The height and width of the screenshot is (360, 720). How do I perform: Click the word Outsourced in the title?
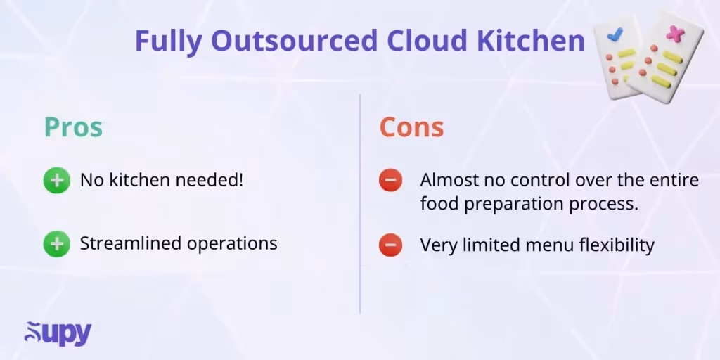(x=288, y=41)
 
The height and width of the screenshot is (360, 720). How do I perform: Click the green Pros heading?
(x=73, y=128)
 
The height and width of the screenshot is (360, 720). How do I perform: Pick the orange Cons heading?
(x=411, y=128)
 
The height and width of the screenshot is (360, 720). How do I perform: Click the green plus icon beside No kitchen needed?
(x=56, y=181)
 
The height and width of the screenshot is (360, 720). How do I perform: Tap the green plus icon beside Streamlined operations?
(x=56, y=244)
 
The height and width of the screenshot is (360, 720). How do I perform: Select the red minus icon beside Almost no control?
(x=390, y=181)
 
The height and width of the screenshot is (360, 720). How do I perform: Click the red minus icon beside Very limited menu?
(x=390, y=245)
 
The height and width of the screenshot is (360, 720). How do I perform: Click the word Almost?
(x=448, y=180)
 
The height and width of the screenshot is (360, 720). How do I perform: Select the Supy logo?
(x=58, y=333)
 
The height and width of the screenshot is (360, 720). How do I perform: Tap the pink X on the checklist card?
(x=674, y=33)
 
